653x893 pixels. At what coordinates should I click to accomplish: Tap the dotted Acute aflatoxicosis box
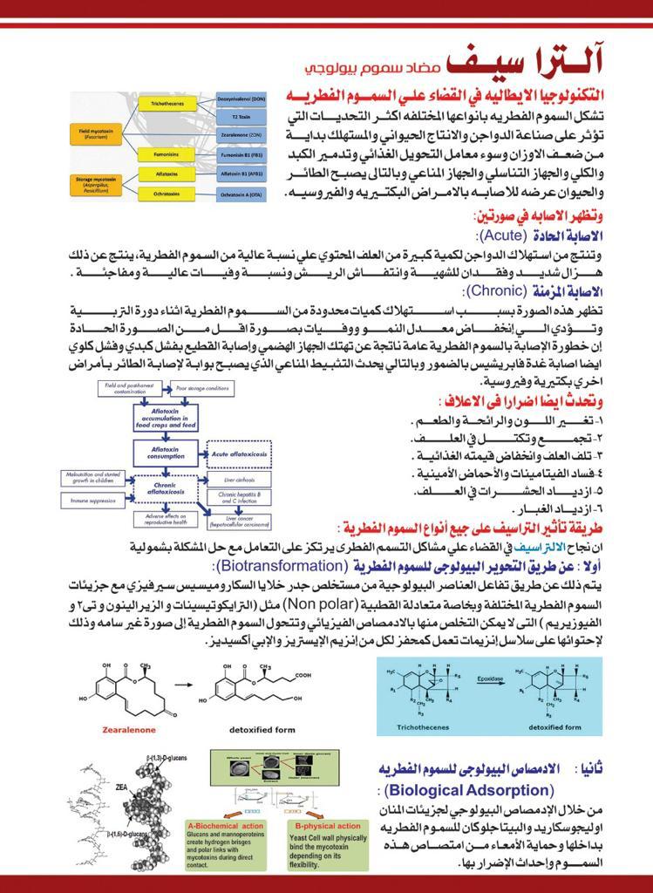click(239, 453)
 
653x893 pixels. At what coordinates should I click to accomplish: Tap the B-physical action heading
click(328, 825)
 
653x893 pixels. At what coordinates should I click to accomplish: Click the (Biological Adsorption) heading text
click(467, 791)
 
